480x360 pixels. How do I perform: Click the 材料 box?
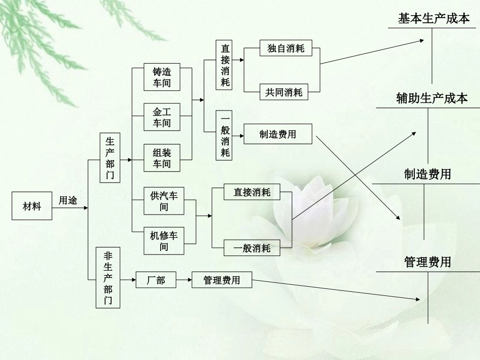pos(32,206)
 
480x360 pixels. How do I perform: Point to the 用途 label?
pos(68,200)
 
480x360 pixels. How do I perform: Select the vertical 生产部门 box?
pos(110,158)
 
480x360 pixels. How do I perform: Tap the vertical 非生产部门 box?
pos(109,278)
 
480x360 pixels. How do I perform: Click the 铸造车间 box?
pos(162,77)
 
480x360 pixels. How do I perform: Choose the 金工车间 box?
pos(162,117)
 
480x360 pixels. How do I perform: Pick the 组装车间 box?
pos(162,158)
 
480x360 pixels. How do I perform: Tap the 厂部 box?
pos(156,280)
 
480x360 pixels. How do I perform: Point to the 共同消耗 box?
pos(283,92)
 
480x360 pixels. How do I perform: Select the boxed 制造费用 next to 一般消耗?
pos(277,134)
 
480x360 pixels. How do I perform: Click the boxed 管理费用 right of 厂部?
pos(221,280)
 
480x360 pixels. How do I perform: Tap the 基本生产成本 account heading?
pos(434,19)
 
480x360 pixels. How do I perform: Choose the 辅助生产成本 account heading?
pos(432,98)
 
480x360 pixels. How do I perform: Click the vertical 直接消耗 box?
pos(225,65)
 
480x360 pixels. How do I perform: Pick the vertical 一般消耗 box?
pos(225,134)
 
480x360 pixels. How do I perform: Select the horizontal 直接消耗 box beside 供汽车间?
pos(252,192)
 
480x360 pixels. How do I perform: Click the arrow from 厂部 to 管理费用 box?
pos(184,279)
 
